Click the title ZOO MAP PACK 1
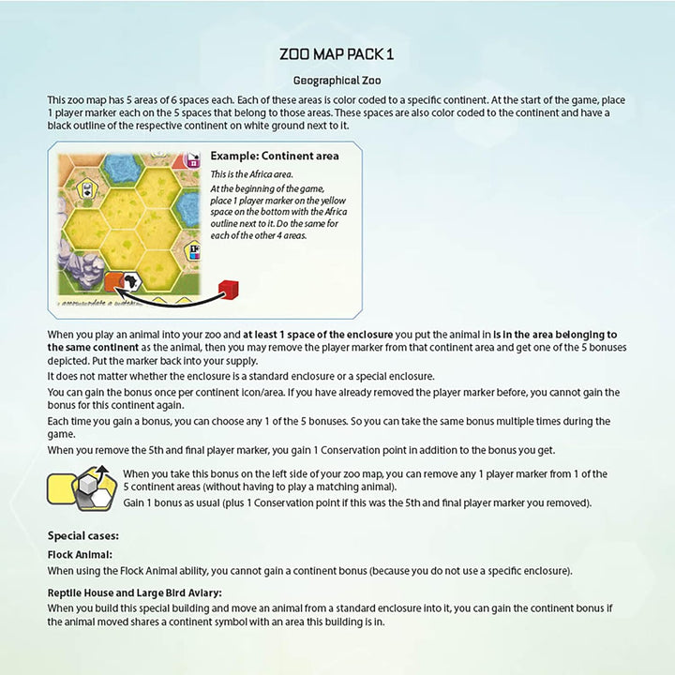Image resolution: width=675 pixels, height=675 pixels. [337, 54]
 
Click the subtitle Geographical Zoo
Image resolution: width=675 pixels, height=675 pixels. [337, 81]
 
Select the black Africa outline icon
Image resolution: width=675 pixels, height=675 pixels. [134, 280]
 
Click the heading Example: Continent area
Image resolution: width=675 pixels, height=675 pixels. [275, 156]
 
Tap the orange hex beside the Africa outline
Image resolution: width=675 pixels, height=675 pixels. [114, 280]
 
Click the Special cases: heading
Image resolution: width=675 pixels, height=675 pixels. [83, 536]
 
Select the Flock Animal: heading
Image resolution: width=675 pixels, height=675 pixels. [80, 554]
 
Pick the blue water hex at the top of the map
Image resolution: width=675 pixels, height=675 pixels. [122, 168]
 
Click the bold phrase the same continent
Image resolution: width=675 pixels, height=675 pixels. [88, 347]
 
